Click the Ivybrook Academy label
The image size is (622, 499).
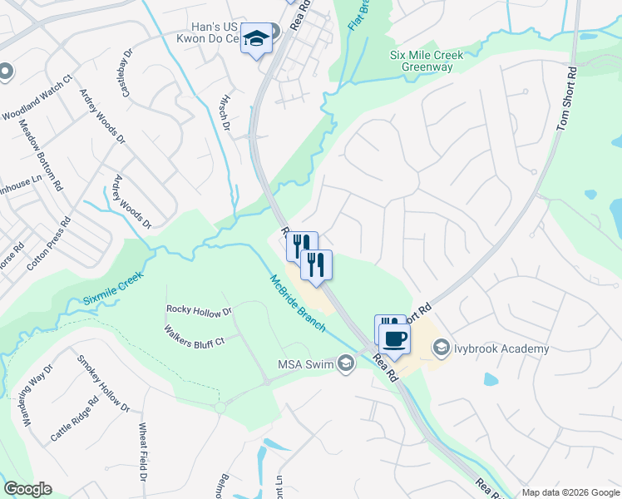point(501,348)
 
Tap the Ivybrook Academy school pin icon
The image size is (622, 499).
point(441,348)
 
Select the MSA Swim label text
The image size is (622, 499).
point(305,363)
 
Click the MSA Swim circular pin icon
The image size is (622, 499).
point(346,363)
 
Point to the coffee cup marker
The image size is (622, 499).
point(395,338)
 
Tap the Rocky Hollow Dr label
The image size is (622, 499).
point(200,311)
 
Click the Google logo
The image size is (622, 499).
point(27,489)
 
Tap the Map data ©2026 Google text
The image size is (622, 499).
point(570,492)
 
